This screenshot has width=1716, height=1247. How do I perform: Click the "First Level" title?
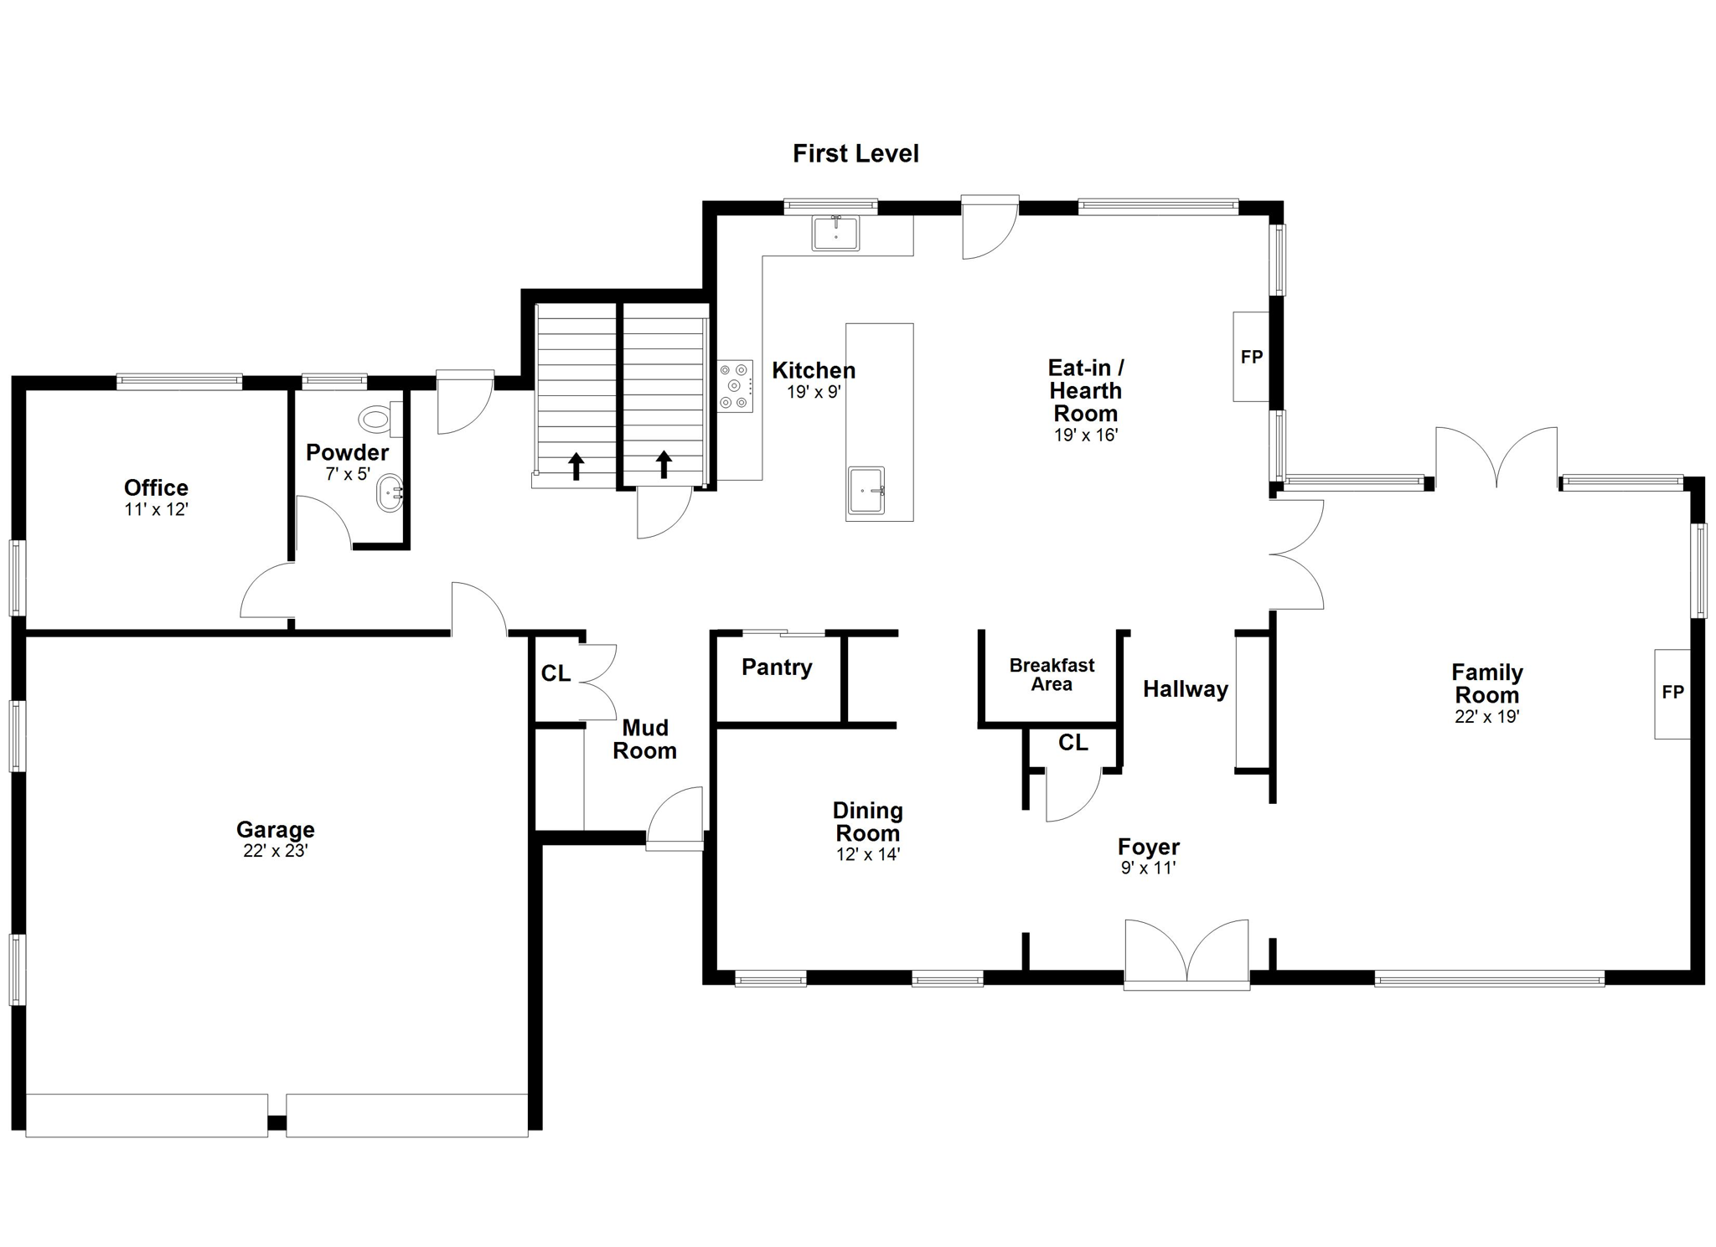tap(855, 153)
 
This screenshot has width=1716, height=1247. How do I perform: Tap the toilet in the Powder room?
tap(380, 418)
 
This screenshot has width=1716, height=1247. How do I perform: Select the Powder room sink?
tap(390, 493)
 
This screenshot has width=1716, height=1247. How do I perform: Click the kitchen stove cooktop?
tap(735, 386)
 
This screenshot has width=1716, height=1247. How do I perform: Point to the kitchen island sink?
tap(866, 491)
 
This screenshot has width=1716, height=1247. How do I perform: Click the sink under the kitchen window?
tap(835, 233)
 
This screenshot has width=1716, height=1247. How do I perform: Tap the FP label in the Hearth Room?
tap(1252, 357)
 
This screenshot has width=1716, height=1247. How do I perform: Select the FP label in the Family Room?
tap(1672, 692)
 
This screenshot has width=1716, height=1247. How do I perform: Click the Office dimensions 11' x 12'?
tap(156, 509)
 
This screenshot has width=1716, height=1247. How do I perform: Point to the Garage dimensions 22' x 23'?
tap(276, 851)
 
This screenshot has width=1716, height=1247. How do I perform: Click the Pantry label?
tap(777, 667)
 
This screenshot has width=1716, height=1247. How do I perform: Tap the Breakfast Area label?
tap(1052, 674)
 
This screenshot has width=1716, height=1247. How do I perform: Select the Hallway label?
tap(1186, 689)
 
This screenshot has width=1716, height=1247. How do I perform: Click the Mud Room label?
tap(644, 739)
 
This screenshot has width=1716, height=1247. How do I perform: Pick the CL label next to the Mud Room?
tap(556, 673)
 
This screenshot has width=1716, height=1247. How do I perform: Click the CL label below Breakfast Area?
tap(1073, 743)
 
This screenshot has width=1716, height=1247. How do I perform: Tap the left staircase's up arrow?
tap(576, 466)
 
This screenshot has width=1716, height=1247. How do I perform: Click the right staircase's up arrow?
tap(664, 464)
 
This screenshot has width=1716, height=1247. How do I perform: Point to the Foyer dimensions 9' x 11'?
tap(1149, 868)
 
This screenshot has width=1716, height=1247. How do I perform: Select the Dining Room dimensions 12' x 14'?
tap(868, 855)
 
